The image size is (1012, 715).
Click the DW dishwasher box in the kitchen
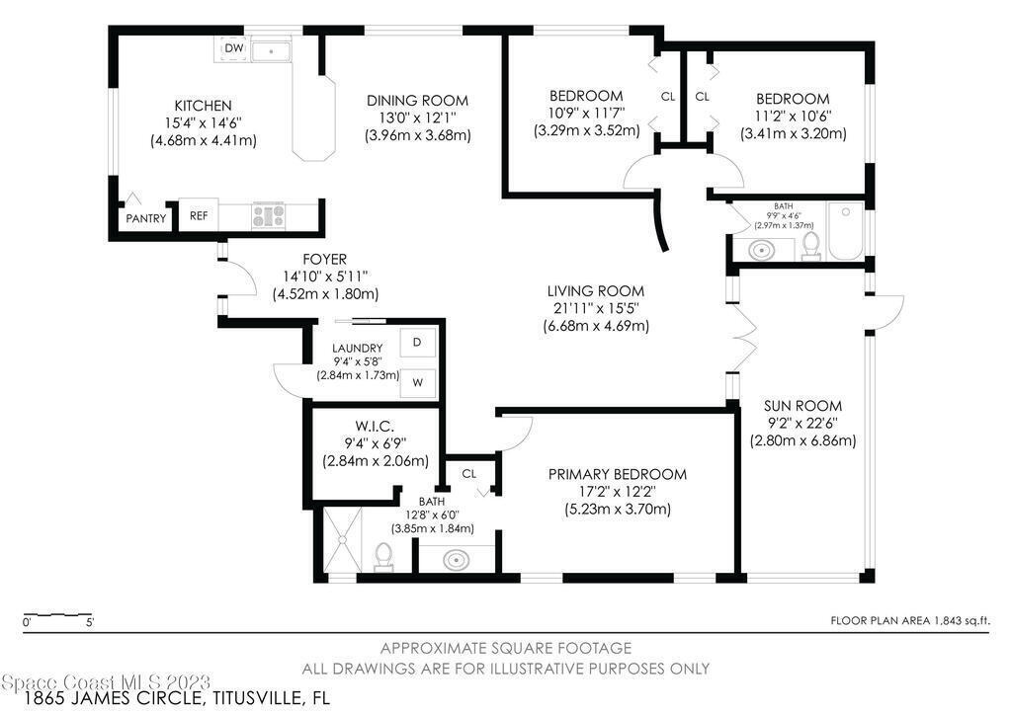[233, 48]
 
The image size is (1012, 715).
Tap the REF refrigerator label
[199, 215]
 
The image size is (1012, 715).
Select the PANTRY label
[146, 218]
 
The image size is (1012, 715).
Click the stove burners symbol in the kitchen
[268, 214]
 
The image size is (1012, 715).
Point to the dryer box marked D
[418, 342]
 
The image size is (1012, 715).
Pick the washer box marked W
[418, 382]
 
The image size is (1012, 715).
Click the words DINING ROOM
[418, 101]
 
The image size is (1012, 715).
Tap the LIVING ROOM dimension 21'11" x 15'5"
[596, 308]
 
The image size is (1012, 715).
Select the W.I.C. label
[375, 427]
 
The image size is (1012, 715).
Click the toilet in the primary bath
[384, 556]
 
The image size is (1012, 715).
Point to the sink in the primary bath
[457, 558]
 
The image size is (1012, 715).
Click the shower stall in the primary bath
[342, 539]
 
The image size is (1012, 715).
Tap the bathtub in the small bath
[846, 231]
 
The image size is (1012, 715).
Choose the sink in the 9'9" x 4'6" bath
[762, 250]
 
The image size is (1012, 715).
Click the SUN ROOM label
[802, 406]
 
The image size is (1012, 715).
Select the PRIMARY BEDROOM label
[618, 474]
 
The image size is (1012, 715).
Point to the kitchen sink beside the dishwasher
[271, 49]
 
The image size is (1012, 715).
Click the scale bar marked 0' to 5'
[57, 613]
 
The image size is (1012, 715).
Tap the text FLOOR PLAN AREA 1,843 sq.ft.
[910, 621]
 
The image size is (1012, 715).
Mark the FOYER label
[324, 259]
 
